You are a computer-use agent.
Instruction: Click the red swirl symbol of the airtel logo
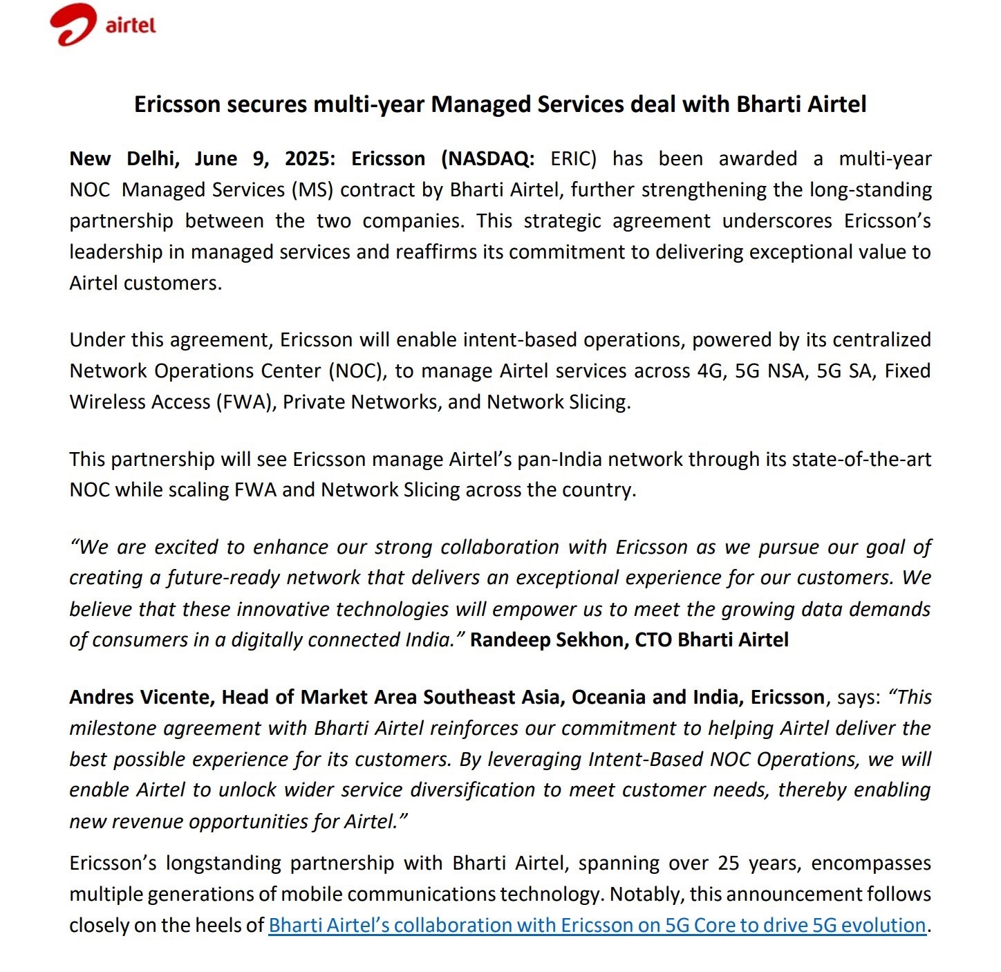point(72,25)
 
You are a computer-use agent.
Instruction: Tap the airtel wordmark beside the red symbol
point(131,26)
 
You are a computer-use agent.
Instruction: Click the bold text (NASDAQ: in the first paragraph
point(487,159)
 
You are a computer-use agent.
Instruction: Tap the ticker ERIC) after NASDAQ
point(573,159)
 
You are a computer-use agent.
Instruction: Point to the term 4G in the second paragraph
point(710,371)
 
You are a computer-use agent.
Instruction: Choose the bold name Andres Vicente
point(142,697)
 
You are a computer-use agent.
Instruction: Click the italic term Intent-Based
point(645,759)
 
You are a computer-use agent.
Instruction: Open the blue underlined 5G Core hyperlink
point(597,926)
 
